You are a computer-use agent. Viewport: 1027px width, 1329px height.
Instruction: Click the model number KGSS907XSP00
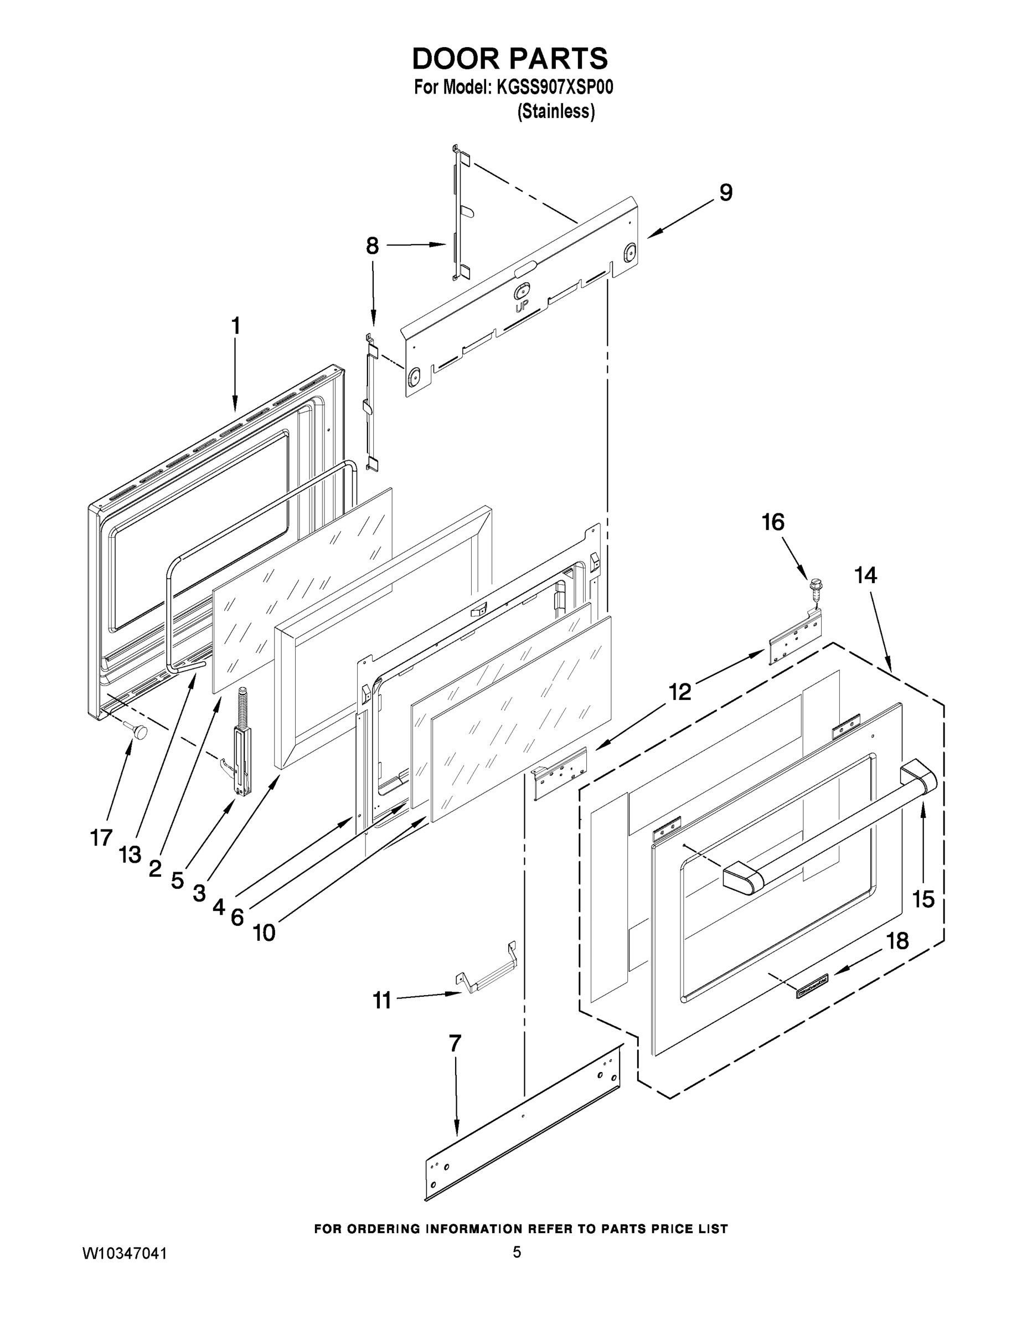point(554,87)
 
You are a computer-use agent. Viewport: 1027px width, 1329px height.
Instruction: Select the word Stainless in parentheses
point(555,112)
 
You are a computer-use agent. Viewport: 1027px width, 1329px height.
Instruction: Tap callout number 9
point(725,193)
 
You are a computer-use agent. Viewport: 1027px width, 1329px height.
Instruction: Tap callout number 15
point(923,899)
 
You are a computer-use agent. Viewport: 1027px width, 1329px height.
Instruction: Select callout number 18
point(897,941)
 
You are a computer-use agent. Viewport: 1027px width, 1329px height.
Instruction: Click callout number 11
point(381,1000)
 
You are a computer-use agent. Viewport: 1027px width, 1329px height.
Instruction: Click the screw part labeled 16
point(813,590)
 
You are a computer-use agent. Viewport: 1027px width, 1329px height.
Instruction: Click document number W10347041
point(125,1254)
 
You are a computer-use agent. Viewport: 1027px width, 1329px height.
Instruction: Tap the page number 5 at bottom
point(517,1251)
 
